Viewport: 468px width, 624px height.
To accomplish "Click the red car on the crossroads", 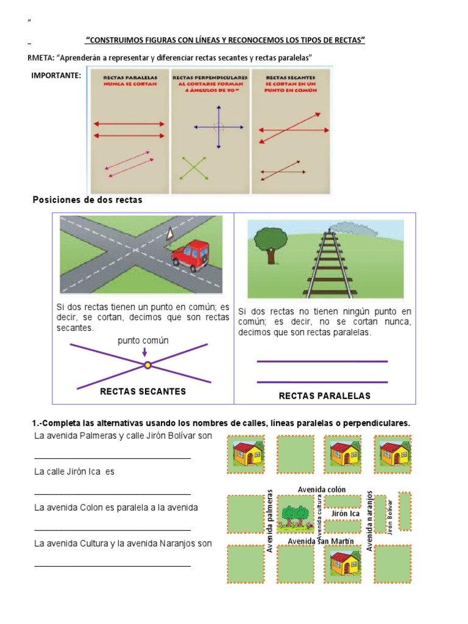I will point(191,254).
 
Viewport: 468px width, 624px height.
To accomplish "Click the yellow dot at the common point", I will point(147,365).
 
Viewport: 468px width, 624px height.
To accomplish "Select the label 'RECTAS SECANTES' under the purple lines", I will point(143,391).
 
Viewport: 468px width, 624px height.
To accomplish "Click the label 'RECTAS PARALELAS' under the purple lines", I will point(324,395).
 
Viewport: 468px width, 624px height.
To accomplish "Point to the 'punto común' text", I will point(143,341).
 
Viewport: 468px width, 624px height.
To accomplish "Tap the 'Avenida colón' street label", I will point(321,489).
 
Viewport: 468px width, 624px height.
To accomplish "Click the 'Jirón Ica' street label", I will point(345,514).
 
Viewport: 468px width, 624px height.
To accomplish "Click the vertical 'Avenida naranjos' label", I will point(369,520).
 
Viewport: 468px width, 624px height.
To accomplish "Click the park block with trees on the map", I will point(296,514).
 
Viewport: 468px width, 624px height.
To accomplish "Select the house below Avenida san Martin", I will point(344,562).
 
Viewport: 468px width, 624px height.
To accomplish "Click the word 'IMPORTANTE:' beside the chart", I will point(55,75).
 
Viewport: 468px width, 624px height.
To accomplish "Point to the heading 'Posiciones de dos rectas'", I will point(87,200).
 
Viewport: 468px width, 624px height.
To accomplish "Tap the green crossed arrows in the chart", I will point(195,168).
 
